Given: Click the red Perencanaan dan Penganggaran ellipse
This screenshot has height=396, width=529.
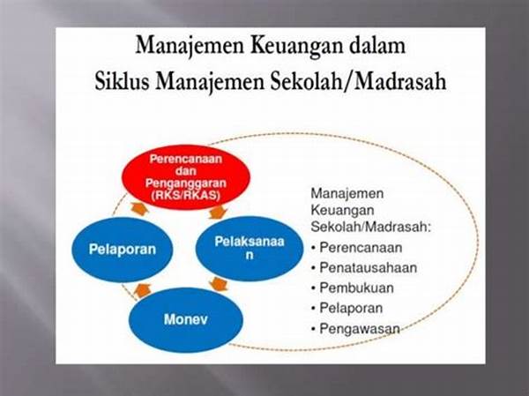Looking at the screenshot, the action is [x=186, y=177].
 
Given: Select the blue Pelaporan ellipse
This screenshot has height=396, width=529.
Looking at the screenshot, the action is [x=123, y=250].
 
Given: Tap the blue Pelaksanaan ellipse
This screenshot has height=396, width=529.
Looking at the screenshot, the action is [x=250, y=248].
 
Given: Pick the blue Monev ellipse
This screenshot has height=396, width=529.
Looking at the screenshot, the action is [x=185, y=319].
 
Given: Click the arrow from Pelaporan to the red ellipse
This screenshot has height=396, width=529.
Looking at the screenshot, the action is [x=139, y=209].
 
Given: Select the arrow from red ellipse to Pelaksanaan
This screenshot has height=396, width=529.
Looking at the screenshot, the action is [x=218, y=212].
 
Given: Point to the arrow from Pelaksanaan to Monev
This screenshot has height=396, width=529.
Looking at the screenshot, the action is [x=219, y=284].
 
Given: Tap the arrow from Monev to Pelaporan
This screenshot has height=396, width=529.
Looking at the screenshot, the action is [x=142, y=290].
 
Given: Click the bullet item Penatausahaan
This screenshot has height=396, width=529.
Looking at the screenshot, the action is [x=364, y=268].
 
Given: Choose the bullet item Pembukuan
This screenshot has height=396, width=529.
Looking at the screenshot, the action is [x=353, y=288].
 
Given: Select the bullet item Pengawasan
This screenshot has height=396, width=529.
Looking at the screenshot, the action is [x=355, y=328].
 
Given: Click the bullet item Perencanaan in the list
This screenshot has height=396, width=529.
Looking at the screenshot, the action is [x=356, y=248].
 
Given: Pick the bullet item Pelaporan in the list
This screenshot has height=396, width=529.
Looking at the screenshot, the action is [x=346, y=308].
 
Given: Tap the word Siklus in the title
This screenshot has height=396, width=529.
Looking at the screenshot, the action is [x=122, y=81].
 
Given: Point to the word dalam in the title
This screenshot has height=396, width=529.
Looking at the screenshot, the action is [x=377, y=45].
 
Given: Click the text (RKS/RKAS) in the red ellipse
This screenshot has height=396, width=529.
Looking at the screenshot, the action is [x=186, y=195].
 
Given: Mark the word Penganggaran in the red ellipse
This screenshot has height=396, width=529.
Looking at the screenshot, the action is [x=186, y=183].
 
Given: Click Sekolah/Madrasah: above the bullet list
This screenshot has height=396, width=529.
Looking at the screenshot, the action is [x=371, y=227].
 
